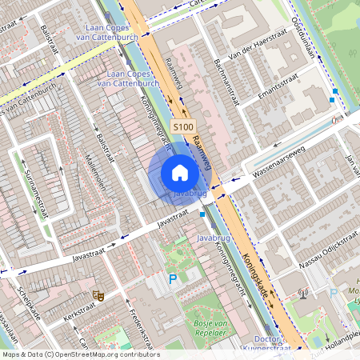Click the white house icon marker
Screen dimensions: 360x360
pos(180,173)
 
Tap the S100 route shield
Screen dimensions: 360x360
pos(183,126)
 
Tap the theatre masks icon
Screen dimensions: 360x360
pos(99,295)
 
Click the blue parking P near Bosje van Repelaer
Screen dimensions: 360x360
pos(172,279)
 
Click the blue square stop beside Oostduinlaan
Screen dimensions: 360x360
pos(333,100)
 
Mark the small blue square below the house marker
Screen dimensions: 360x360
pos(202,214)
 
